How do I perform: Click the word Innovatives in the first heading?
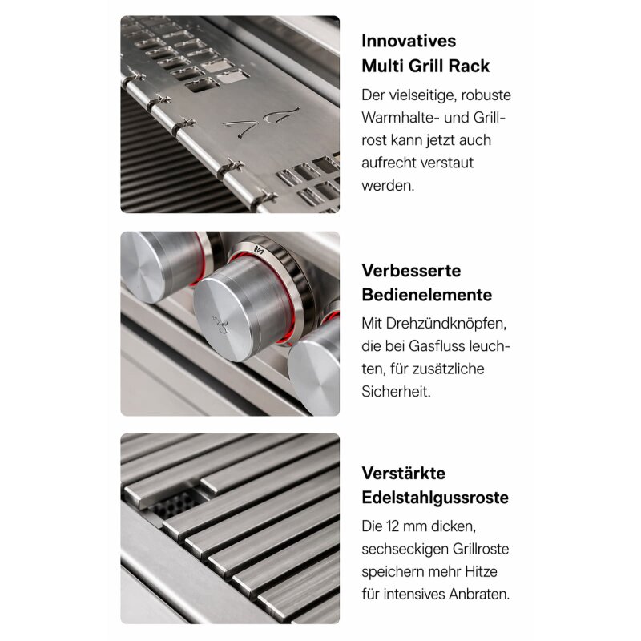[x=409, y=41]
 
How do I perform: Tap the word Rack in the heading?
[x=490, y=66]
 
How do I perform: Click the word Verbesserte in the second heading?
[x=411, y=270]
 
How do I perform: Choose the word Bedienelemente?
[x=426, y=295]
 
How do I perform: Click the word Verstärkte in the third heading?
[x=403, y=473]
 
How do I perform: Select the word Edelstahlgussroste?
[x=435, y=498]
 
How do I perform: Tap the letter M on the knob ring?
[x=258, y=250]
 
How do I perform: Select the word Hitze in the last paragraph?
[x=488, y=572]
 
